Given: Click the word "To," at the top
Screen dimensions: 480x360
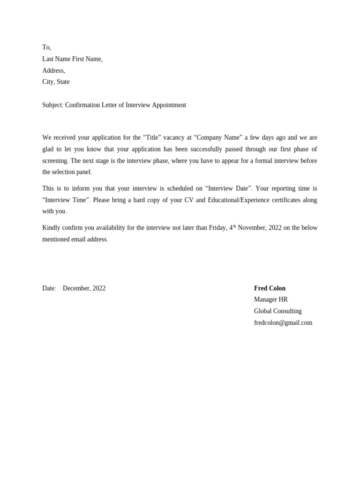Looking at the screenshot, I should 46,47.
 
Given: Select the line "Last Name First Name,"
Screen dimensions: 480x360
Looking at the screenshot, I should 72,59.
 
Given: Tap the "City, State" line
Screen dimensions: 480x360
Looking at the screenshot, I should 56,82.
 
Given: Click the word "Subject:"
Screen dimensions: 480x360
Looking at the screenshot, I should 52,105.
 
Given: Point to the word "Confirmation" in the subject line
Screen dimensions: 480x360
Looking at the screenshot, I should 82,105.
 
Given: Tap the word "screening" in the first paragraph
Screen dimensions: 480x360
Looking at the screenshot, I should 55,161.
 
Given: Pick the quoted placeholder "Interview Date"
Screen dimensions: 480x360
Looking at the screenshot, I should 228,188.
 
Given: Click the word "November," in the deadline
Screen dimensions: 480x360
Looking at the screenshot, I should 252,228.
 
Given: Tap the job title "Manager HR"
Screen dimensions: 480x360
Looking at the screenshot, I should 270,300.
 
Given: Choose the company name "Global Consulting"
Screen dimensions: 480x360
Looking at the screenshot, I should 277,311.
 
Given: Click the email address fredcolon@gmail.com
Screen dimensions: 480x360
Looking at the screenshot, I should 283,323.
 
